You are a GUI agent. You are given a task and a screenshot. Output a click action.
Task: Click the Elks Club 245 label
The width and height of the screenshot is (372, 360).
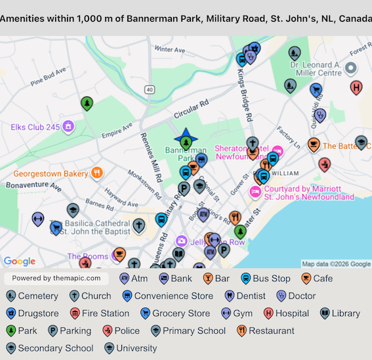35,126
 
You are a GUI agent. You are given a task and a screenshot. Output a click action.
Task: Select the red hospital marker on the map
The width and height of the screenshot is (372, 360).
356,88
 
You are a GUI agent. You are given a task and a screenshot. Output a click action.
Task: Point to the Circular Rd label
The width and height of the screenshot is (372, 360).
190,109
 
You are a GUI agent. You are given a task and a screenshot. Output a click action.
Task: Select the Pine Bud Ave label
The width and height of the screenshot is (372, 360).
48,76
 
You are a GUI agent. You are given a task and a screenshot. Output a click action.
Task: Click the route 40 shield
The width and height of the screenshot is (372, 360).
150,89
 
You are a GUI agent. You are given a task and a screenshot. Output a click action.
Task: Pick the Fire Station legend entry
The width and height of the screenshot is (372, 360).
98,313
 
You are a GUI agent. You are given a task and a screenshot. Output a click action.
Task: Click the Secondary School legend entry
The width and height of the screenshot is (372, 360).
49,348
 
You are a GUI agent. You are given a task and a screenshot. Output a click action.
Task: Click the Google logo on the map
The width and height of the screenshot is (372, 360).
20,262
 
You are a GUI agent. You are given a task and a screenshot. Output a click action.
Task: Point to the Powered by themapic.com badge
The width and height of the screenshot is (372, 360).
56,279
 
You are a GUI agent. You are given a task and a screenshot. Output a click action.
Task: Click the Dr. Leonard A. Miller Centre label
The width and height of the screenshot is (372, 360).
316,69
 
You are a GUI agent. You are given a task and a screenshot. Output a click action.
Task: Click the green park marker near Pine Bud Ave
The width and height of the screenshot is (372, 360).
86,104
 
